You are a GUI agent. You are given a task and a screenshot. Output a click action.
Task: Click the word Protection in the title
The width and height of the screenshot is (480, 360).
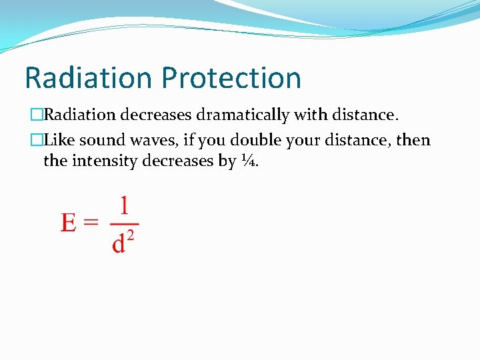point(232,78)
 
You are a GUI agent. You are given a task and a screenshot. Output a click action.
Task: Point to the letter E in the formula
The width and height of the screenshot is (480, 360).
point(69,223)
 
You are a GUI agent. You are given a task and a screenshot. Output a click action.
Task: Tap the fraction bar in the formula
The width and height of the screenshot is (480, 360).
point(124,224)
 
